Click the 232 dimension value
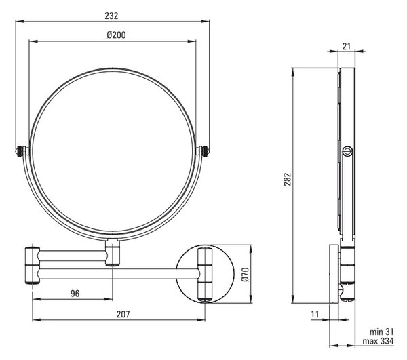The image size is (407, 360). [x=111, y=16]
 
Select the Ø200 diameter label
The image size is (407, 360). [x=116, y=35]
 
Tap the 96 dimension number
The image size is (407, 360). [x=75, y=294]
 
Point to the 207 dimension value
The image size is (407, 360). [x=123, y=314]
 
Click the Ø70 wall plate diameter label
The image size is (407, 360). [x=246, y=275]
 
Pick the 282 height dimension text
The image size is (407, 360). [x=288, y=179]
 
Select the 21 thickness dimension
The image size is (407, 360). [x=346, y=46]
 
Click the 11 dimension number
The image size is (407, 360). [x=315, y=315]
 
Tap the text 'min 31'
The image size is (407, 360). [x=381, y=332]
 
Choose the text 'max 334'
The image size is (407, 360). [x=378, y=341]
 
